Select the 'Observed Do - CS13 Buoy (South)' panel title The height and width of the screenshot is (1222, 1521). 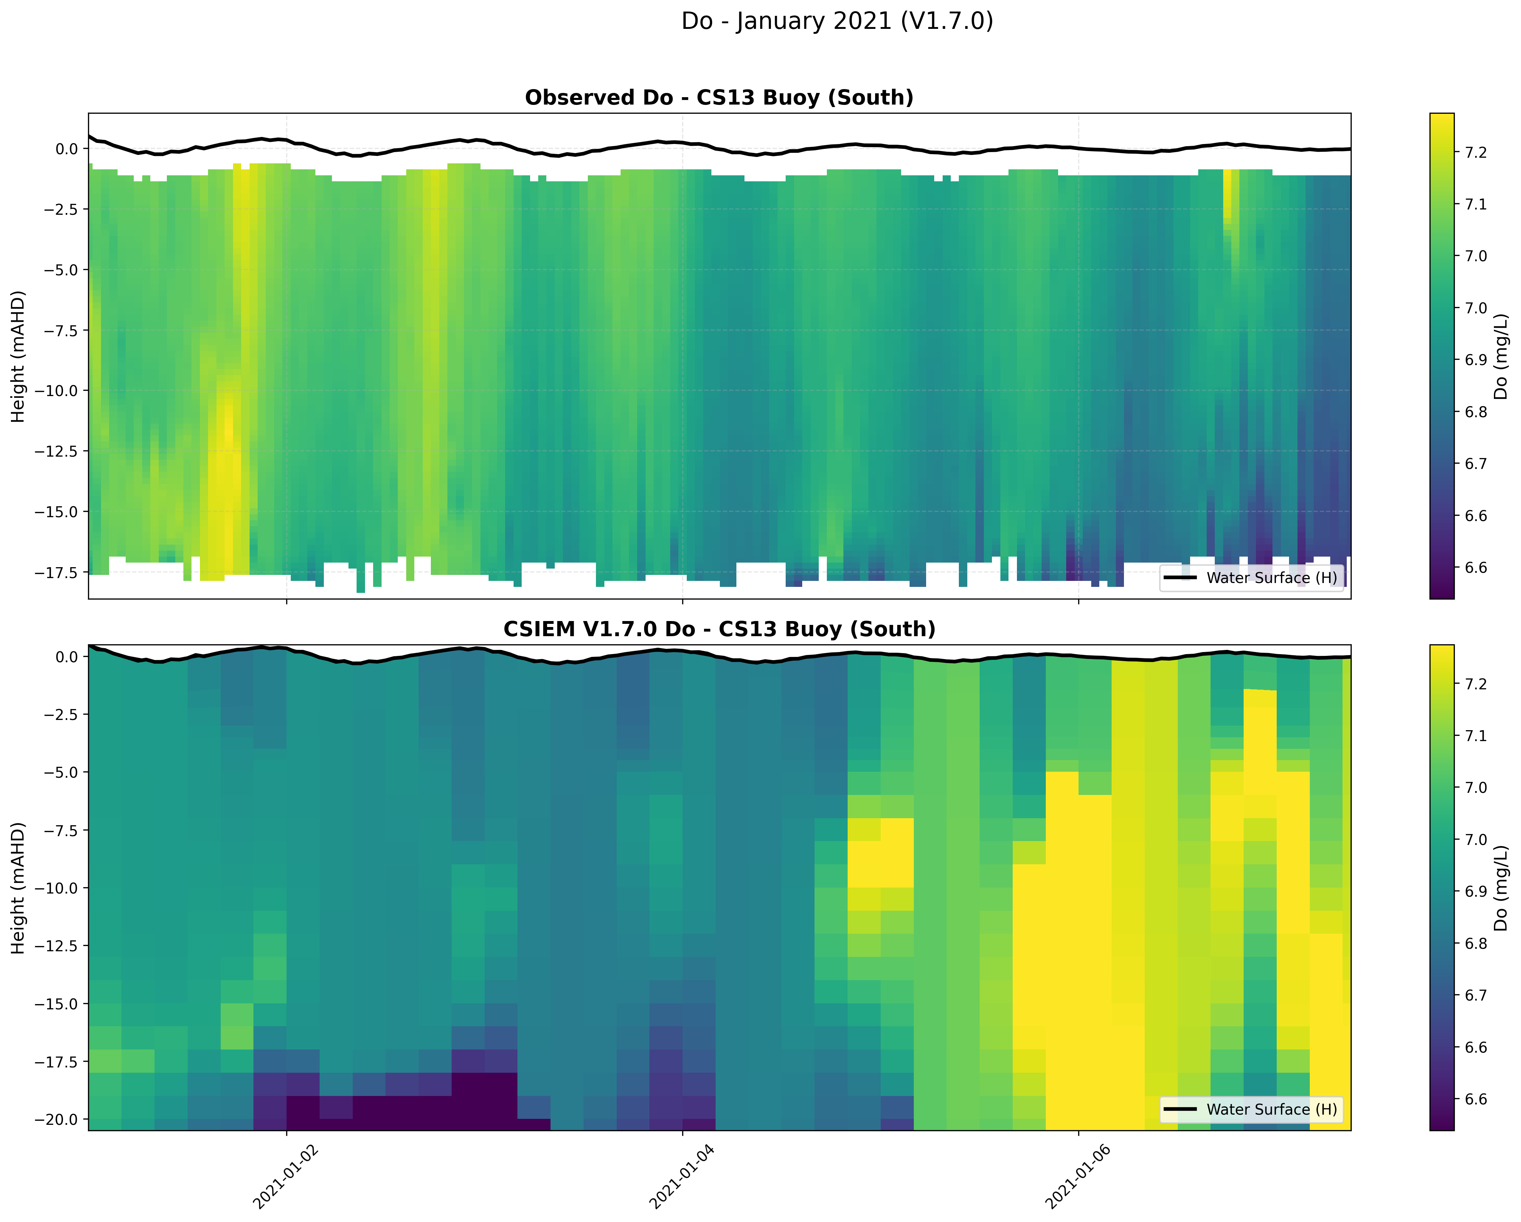pos(719,98)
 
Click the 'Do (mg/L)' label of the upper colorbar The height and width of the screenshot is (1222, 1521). pos(1501,356)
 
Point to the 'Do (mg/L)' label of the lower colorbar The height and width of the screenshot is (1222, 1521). pos(1501,888)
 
